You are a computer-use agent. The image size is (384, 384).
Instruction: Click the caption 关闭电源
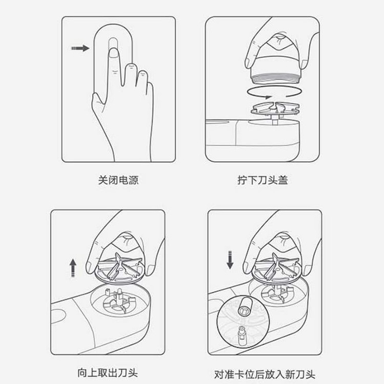point(118,180)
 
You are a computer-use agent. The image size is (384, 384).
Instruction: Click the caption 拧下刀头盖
point(263,180)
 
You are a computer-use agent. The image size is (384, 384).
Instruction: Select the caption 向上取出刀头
point(108,373)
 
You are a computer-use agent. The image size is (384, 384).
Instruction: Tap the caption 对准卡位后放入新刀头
point(265,374)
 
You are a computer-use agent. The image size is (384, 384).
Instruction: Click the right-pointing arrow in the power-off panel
point(80,48)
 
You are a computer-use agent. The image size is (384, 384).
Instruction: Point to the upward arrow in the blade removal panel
point(73,268)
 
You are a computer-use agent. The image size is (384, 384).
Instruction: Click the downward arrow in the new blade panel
point(230,260)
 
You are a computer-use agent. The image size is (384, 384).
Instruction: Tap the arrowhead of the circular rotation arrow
point(268,97)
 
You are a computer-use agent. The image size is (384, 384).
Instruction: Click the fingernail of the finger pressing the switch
point(113,53)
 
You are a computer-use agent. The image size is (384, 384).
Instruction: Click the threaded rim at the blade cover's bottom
point(275,79)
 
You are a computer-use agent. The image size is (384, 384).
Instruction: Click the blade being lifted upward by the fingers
point(119,268)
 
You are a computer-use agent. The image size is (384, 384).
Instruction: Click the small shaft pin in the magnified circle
point(242,334)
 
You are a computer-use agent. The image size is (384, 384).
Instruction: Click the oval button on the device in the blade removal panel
point(58,316)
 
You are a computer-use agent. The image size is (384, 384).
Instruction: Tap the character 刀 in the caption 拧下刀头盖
point(263,180)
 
